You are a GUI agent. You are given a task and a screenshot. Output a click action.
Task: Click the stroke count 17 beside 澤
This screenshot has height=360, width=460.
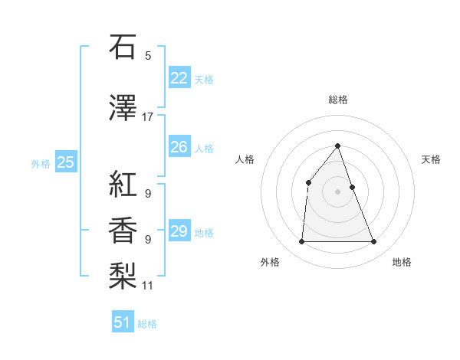point(148,117)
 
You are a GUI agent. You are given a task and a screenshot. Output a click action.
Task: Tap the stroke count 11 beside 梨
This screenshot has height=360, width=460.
point(148,286)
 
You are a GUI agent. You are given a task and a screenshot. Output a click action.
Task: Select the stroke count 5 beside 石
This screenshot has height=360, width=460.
point(148,56)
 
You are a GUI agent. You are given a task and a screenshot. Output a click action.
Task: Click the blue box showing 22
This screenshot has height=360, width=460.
point(179,77)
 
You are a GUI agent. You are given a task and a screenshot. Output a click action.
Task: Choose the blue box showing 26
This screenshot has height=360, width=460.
point(179,147)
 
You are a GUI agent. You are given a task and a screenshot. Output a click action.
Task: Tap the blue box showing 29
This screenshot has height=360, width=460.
point(179,231)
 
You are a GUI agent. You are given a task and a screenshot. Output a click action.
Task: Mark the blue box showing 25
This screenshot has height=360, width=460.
point(65,162)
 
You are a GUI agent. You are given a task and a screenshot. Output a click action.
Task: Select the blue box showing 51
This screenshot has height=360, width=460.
point(123,322)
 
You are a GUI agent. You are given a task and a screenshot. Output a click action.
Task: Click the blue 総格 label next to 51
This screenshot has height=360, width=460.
point(147,324)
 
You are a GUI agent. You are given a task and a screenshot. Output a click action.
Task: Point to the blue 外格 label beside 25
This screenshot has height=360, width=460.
point(41,163)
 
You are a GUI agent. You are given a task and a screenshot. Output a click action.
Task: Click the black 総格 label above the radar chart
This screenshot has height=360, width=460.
point(337,100)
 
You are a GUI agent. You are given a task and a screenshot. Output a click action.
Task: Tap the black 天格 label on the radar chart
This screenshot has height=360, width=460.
point(432,159)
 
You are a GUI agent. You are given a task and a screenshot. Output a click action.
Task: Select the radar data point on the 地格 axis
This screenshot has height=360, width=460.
point(374,242)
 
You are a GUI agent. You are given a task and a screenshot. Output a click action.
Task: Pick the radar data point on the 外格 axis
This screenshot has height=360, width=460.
point(301,242)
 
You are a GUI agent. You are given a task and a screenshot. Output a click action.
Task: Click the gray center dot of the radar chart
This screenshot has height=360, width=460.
point(337,191)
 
